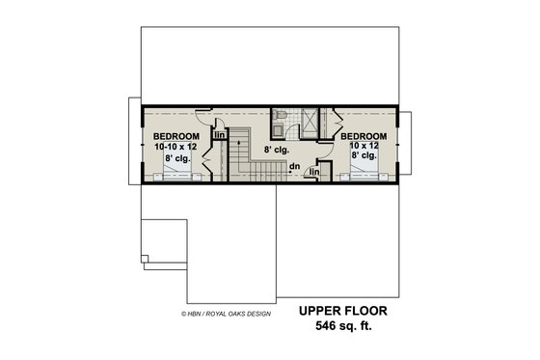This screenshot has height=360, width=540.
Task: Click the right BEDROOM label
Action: tap(364, 136)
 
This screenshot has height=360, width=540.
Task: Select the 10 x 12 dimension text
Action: tap(364, 147)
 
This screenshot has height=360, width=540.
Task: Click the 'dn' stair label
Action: tap(294, 165)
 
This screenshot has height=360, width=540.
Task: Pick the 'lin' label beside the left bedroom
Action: tap(219, 136)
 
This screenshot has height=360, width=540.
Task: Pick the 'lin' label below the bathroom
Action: tap(314, 172)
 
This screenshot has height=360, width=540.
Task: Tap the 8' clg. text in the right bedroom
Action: tap(364, 157)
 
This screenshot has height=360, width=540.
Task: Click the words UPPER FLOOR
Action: tap(343, 311)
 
